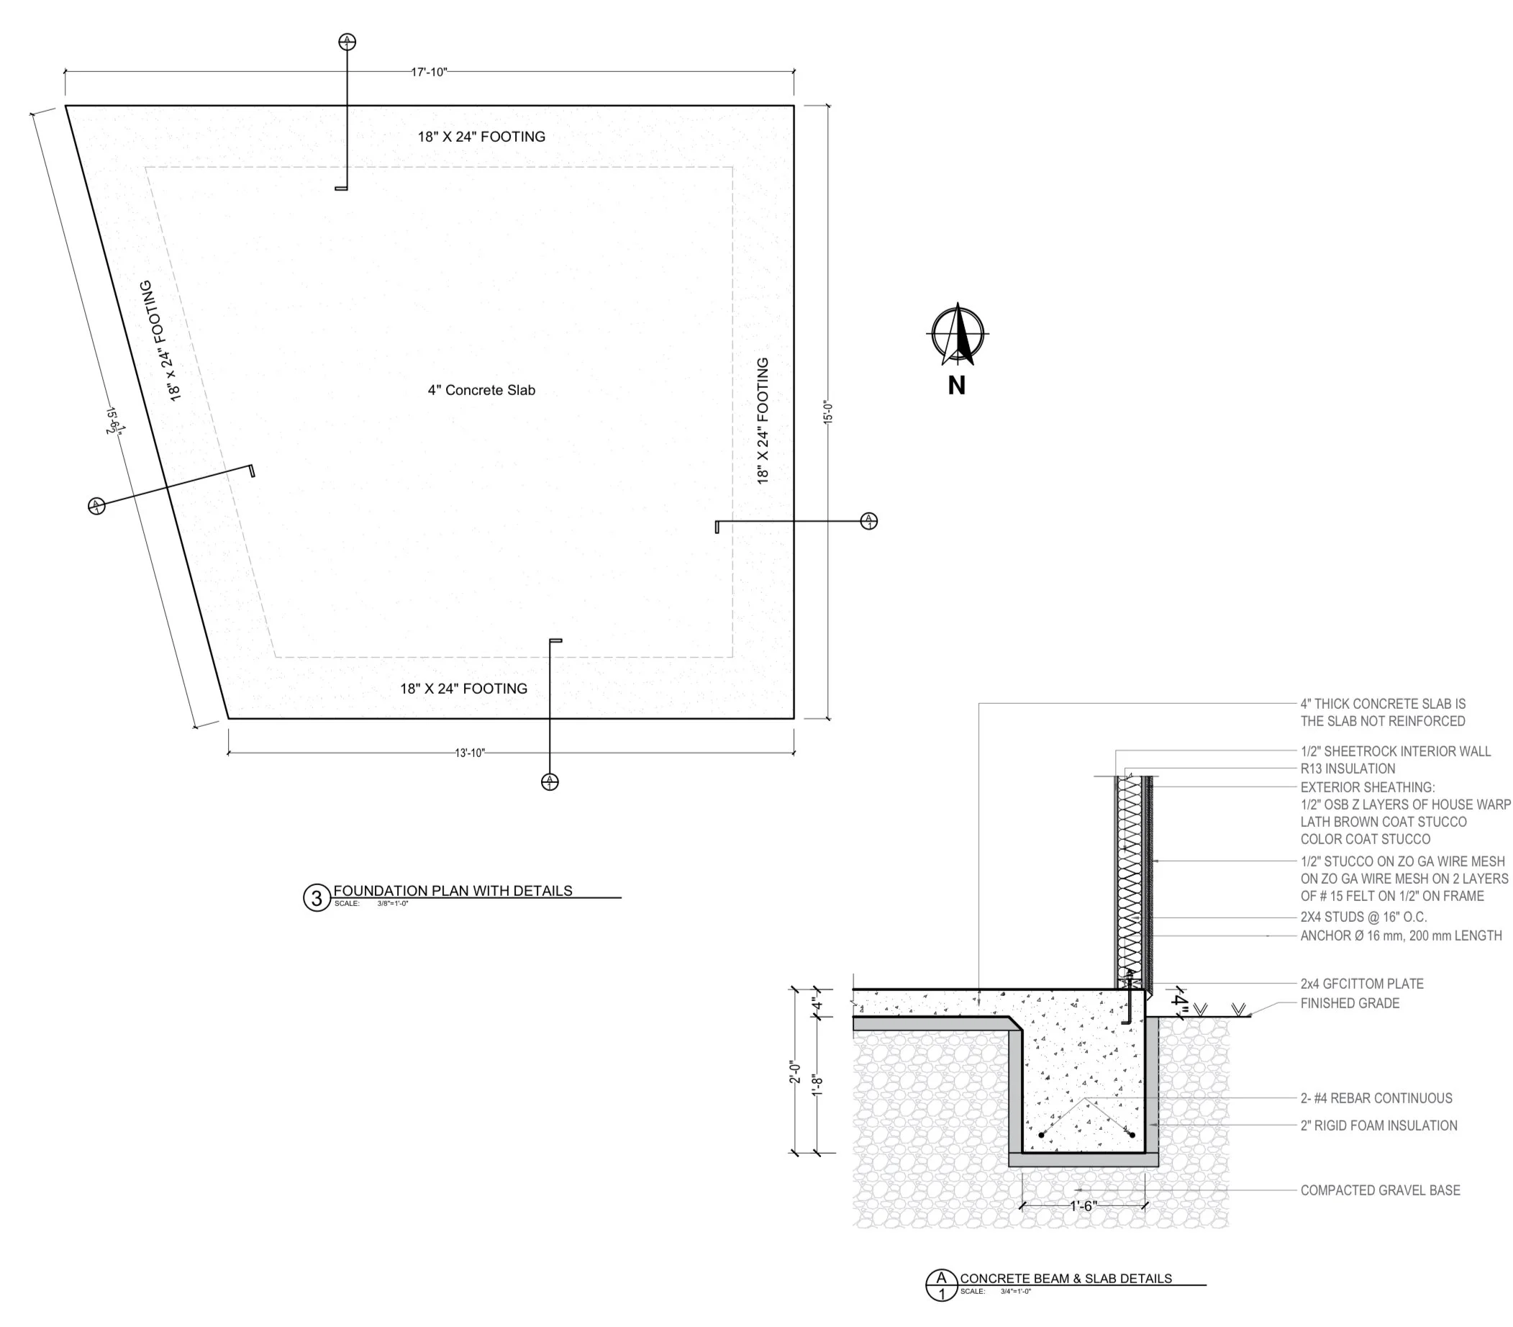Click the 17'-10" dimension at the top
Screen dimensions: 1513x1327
coord(430,72)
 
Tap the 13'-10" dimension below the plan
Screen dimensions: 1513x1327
coord(470,753)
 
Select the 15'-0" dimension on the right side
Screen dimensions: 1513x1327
coord(828,412)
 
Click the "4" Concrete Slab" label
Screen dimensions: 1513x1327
coord(481,390)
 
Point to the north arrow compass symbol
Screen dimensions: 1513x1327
coord(958,335)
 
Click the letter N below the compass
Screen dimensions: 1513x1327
coord(957,386)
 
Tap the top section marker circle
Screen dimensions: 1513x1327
coord(347,42)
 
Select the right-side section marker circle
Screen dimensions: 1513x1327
coord(869,521)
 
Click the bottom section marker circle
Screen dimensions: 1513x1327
coord(550,782)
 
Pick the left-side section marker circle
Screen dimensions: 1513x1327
coord(96,506)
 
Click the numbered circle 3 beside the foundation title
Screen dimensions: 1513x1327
coord(317,898)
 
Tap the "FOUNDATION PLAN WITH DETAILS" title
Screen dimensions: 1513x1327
coord(453,891)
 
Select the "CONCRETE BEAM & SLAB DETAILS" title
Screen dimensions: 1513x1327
coord(1066,1279)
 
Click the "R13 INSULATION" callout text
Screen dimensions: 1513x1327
coord(1348,769)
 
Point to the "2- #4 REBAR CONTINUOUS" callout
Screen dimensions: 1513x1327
coord(1377,1098)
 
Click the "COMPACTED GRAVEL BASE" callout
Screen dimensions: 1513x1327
coord(1381,1191)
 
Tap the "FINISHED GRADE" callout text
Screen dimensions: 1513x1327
coord(1350,1003)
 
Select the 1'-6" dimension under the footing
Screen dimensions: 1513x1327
coord(1082,1206)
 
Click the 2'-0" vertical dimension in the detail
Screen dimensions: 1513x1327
coord(795,1072)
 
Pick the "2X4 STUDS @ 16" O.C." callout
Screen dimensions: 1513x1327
coord(1363,917)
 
